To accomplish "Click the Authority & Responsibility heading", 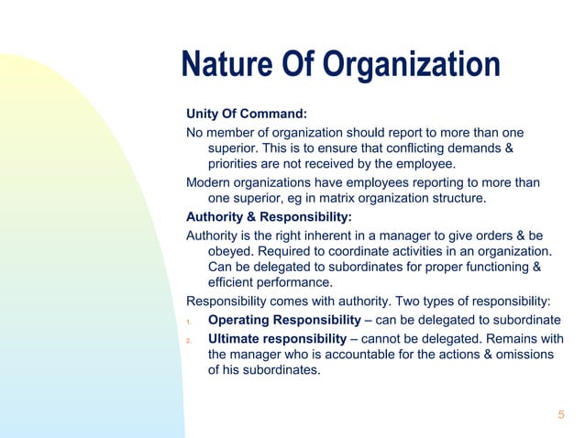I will click(269, 217).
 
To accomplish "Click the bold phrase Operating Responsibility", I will click(284, 320).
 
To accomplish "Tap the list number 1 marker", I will click(188, 322).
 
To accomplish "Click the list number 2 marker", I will click(188, 340).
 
